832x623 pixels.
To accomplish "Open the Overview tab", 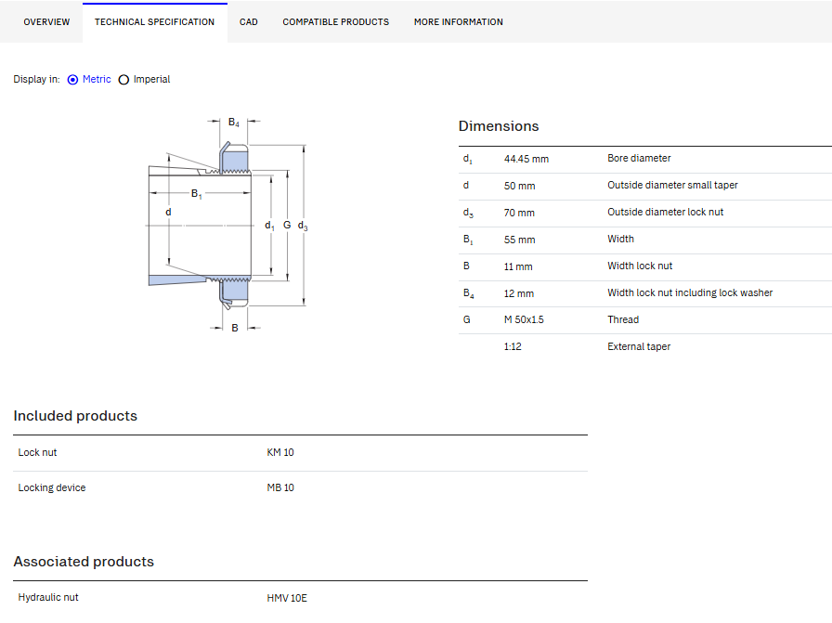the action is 46,21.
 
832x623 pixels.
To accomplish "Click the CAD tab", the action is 248,21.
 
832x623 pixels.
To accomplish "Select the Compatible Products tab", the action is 335,21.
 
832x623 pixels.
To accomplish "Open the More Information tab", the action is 459,21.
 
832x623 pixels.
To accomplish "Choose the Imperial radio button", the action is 123,80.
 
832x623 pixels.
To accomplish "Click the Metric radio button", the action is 72,80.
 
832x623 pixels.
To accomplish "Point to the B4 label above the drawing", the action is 233,123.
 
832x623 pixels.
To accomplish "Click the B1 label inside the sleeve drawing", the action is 196,194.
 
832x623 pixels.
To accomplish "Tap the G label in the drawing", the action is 287,225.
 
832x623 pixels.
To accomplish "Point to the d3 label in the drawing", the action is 303,226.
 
